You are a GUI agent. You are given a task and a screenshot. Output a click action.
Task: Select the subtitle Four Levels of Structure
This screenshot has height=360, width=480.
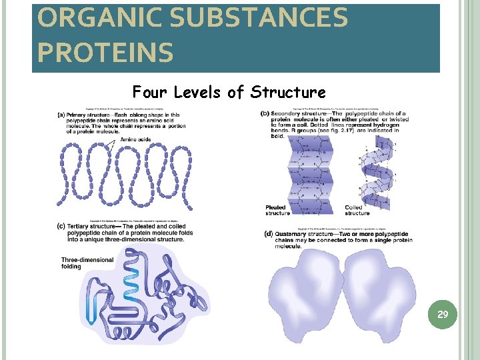click(x=229, y=92)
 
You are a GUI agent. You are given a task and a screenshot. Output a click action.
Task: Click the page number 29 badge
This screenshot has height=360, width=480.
click(x=442, y=313)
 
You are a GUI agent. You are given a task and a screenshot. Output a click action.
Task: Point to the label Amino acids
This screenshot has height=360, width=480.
click(x=135, y=139)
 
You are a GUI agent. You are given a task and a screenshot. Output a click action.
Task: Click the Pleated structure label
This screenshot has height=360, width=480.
click(x=277, y=210)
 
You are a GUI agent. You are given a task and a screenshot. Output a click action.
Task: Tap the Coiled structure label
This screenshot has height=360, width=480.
click(x=357, y=210)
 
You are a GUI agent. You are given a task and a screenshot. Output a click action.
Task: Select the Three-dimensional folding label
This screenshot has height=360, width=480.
click(x=81, y=263)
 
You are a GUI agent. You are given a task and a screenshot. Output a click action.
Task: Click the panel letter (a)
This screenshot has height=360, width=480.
click(x=61, y=114)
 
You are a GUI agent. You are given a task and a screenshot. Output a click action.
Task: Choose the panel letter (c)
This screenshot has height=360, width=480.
click(x=61, y=227)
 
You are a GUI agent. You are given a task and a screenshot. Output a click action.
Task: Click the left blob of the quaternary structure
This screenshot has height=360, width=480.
click(x=305, y=296)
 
